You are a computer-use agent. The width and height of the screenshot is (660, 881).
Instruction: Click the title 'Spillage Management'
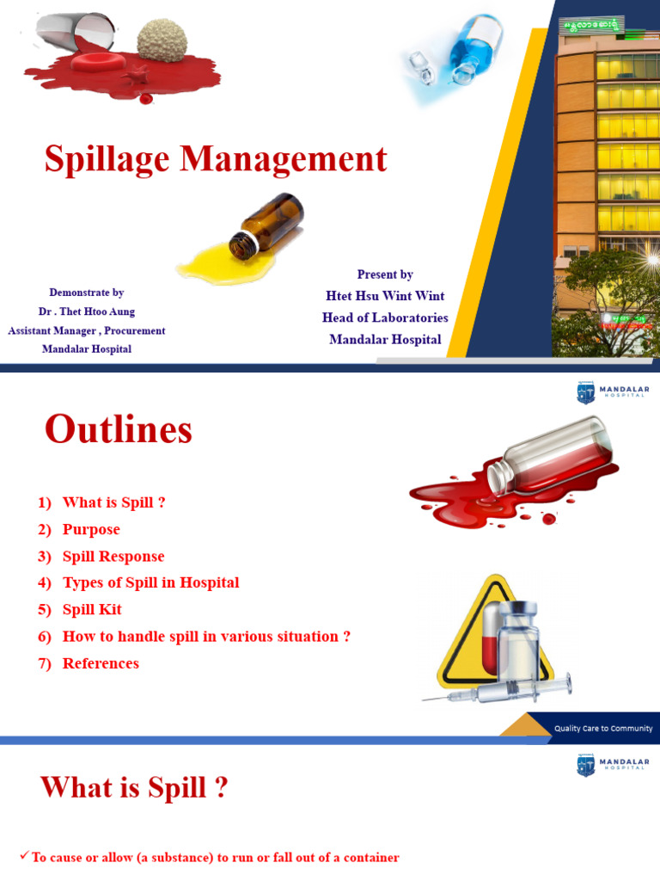coord(216,160)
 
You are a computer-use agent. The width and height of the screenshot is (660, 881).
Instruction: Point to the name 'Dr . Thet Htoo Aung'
coord(86,311)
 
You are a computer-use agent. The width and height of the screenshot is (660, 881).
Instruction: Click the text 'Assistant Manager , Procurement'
coord(86,330)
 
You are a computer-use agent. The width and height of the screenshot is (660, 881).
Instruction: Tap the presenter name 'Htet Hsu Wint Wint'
coord(385,296)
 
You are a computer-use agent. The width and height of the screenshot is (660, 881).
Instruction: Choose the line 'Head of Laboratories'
coord(385,317)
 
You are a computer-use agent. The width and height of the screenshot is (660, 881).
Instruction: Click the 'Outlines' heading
coord(119,429)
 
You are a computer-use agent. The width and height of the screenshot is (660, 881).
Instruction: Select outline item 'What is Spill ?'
coord(113,502)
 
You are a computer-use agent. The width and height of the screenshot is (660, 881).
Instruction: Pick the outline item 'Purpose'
coord(91,529)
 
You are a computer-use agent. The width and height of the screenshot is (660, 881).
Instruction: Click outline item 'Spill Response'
coord(113,557)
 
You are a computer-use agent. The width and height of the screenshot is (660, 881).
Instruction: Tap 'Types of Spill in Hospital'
coord(150,582)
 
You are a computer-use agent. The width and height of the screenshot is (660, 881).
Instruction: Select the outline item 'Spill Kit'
coord(92,609)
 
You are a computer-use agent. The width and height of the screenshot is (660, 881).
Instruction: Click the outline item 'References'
coord(101,663)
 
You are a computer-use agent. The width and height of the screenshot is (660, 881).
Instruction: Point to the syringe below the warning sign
coord(498,689)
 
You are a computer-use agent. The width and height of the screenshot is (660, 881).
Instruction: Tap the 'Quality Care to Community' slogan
coord(602,728)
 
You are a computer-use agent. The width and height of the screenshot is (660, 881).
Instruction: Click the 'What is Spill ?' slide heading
coord(134,787)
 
